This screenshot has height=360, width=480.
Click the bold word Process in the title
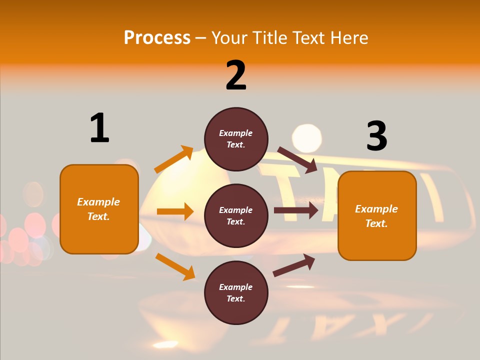pos(157,37)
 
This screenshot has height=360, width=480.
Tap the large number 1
pos(99,128)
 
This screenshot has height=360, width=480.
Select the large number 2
pos(236,75)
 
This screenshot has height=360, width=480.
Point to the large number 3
pos(376,136)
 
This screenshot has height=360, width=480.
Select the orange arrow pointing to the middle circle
pos(175,211)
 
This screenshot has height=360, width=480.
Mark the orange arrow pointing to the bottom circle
pos(175,266)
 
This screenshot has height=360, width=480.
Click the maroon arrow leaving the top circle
pos(297,160)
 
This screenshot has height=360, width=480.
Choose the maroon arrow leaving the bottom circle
pos(294,265)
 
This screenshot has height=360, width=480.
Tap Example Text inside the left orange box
pos(98,209)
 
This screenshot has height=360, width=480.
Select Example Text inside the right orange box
pos(376,216)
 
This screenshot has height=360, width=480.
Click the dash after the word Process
pos(201,38)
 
